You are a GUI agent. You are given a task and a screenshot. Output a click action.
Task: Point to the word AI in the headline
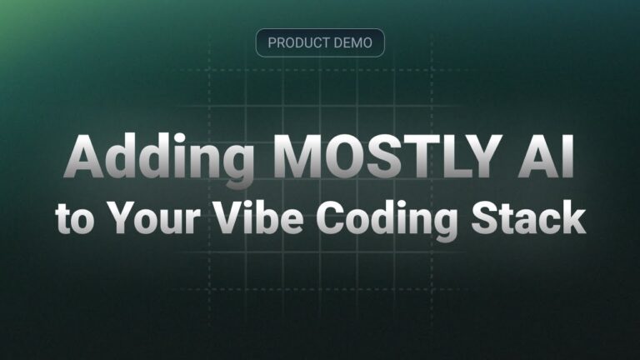(546, 157)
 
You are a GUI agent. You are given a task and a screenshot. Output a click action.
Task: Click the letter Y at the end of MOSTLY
(482, 157)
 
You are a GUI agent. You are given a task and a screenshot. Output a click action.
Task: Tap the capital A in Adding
(84, 157)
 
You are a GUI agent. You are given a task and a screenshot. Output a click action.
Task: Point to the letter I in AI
(569, 157)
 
